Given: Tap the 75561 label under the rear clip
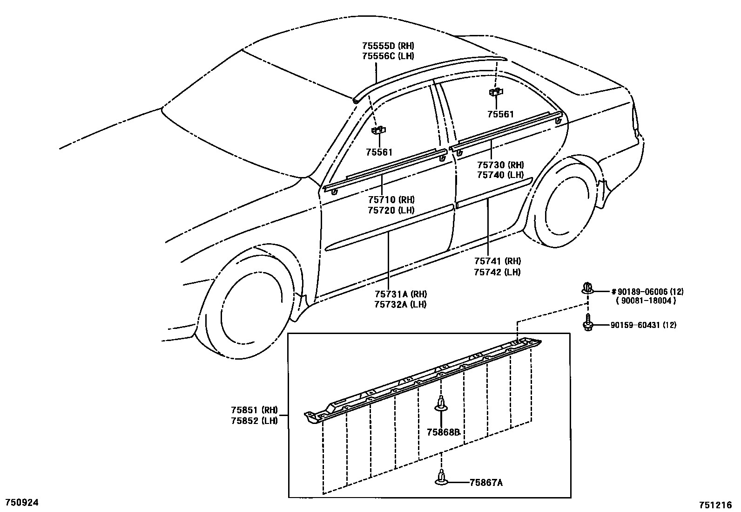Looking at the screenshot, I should (500, 114).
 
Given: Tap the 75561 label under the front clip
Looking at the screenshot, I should (379, 152).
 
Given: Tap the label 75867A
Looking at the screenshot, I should (486, 483).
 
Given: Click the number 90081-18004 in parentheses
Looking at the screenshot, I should (646, 301).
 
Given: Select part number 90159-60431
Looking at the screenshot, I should (636, 325).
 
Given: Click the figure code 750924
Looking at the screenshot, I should (21, 502).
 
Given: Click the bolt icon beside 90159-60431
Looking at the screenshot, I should (588, 322).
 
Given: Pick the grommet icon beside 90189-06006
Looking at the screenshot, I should (587, 288).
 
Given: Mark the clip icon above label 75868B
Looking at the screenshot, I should (441, 403).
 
